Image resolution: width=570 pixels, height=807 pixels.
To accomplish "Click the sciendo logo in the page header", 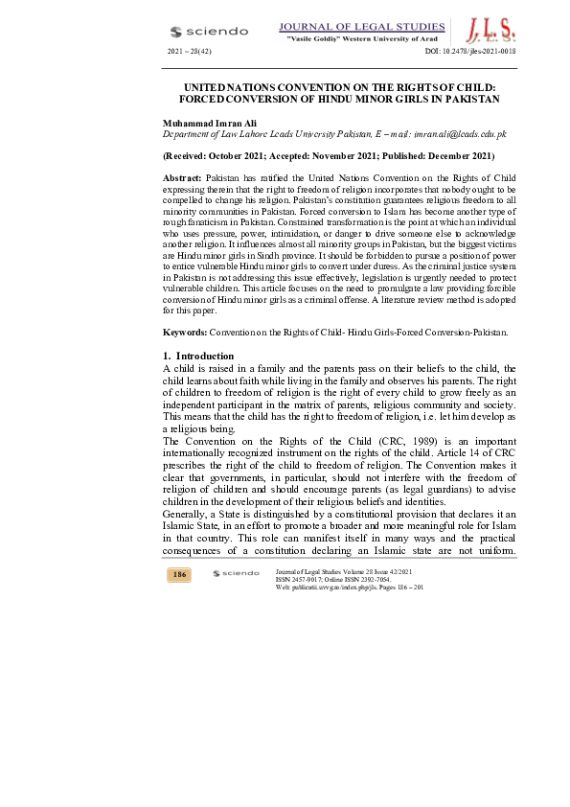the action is pyautogui.click(x=208, y=31).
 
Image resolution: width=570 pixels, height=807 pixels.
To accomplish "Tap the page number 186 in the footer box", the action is pyautogui.click(x=179, y=574).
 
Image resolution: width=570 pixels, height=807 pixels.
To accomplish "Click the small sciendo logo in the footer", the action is pyautogui.click(x=236, y=573).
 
